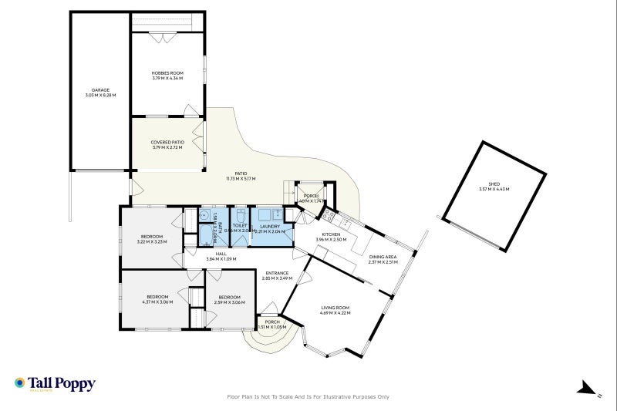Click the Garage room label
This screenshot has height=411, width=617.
100,90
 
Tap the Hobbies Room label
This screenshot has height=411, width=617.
167,73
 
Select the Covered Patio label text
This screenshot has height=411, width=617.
167,142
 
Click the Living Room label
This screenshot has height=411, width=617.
335,308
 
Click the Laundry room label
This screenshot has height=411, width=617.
269,227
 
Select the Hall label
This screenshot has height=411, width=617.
221,254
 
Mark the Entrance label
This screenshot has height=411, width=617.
277,273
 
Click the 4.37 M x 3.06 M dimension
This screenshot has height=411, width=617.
157,302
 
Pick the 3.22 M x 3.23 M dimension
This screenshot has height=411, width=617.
152,242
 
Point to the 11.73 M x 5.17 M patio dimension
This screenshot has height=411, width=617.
241,178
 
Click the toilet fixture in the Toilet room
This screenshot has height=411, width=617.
241,215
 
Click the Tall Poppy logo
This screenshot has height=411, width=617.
55,383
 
